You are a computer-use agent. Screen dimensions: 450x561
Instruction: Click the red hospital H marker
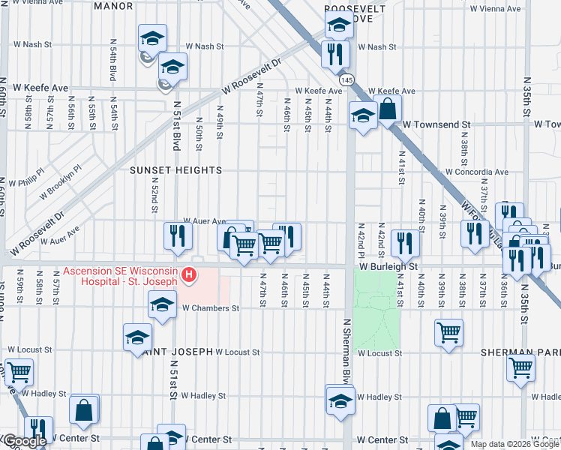[190, 276]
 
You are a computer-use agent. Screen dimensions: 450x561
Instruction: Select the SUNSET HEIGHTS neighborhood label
[176, 171]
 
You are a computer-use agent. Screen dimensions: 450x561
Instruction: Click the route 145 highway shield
[346, 79]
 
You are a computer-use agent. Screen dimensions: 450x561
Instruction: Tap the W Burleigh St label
[387, 266]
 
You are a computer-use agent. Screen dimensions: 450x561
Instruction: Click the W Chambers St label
[208, 307]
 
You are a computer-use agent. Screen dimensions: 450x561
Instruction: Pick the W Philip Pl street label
[26, 182]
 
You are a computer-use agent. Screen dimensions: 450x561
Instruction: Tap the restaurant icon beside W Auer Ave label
[178, 236]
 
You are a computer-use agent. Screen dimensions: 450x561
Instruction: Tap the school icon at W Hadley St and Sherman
[340, 400]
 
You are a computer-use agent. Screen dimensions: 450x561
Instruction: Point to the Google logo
[25, 442]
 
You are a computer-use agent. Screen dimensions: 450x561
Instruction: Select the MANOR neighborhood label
[114, 7]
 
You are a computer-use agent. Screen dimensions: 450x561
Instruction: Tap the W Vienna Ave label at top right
[495, 9]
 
